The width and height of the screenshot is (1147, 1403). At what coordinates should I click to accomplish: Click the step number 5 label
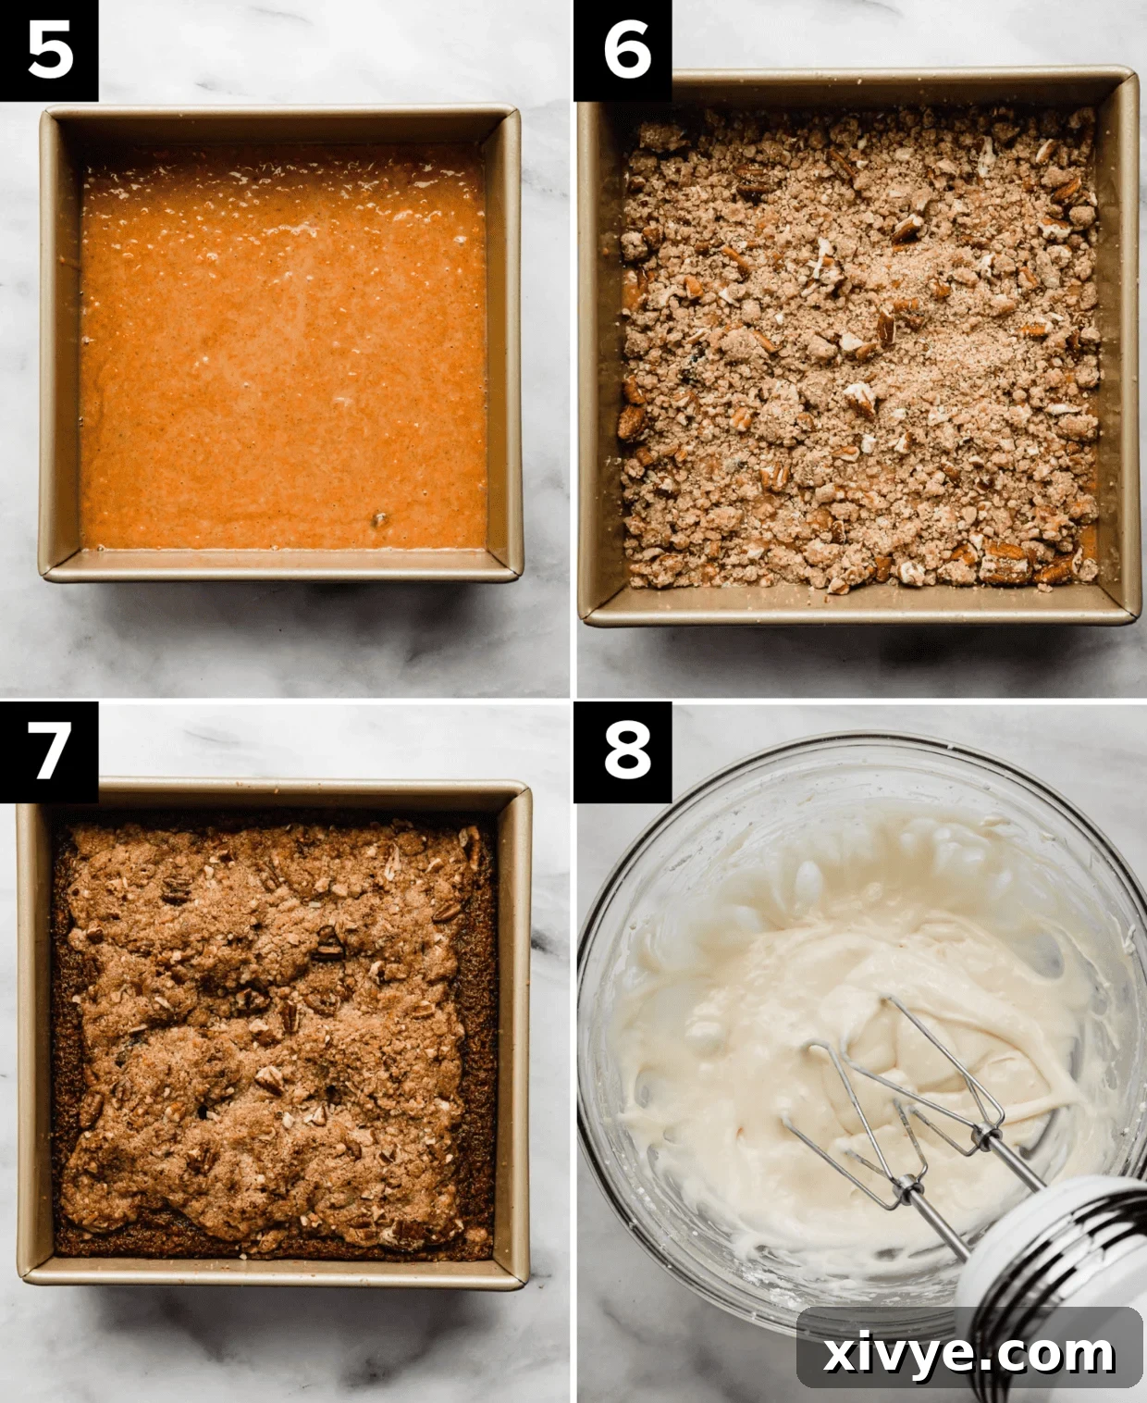[49, 50]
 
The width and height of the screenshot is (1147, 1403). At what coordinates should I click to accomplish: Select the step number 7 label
[49, 751]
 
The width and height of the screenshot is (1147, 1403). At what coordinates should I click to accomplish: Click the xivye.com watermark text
[968, 1354]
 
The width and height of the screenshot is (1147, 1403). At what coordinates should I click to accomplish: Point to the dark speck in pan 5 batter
[378, 518]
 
